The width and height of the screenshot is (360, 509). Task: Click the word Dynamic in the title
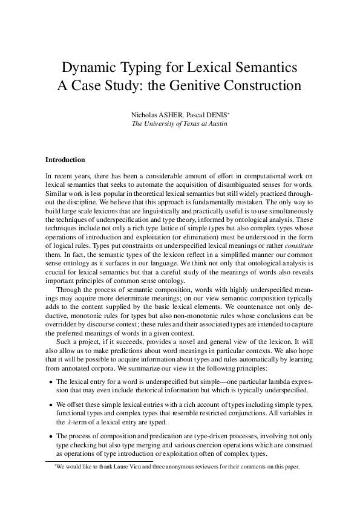[91, 65]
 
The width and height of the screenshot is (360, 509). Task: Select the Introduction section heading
[65, 160]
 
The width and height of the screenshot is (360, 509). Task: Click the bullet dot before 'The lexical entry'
[49, 383]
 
